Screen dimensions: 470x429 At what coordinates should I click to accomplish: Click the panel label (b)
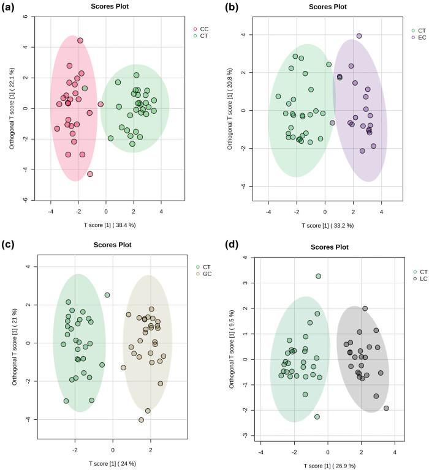(231, 7)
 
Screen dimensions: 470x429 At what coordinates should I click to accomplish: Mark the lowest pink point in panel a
(90, 174)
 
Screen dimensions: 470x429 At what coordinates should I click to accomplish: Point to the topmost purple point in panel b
(359, 35)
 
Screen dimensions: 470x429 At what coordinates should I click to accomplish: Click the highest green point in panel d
(319, 276)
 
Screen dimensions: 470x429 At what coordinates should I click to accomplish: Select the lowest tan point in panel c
(142, 420)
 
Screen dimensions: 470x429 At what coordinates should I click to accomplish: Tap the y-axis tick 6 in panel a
(26, 17)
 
